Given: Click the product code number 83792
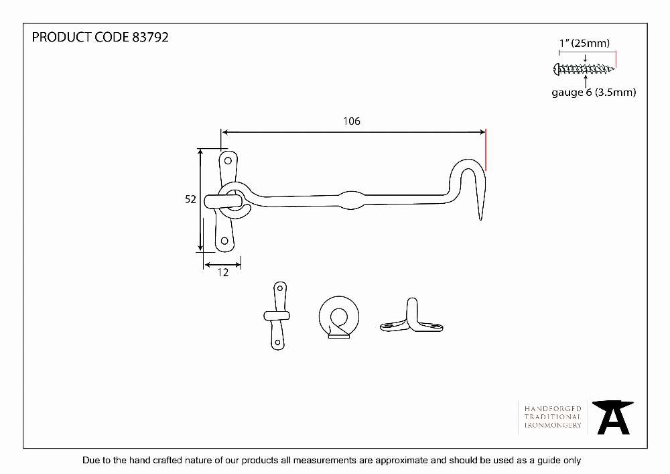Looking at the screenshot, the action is click(150, 37).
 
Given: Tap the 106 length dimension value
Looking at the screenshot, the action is click(352, 121).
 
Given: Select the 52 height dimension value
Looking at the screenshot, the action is click(190, 199).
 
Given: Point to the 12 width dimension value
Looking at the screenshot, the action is click(223, 273).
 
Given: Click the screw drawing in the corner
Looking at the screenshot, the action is click(584, 69).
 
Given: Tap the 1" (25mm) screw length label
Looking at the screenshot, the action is click(584, 43).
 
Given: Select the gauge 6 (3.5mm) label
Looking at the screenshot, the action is click(594, 93).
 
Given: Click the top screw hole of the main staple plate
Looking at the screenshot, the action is click(228, 161).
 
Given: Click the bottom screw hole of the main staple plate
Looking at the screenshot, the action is click(224, 241).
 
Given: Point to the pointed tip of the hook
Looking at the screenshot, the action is click(480, 219).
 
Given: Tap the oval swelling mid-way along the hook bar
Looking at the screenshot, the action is click(351, 200).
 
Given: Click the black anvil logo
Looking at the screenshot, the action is click(613, 418).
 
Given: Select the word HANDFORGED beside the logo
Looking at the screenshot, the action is click(553, 408).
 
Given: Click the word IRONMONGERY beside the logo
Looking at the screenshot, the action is click(553, 425).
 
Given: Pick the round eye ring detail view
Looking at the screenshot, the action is click(339, 317).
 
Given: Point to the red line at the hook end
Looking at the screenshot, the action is click(486, 150).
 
